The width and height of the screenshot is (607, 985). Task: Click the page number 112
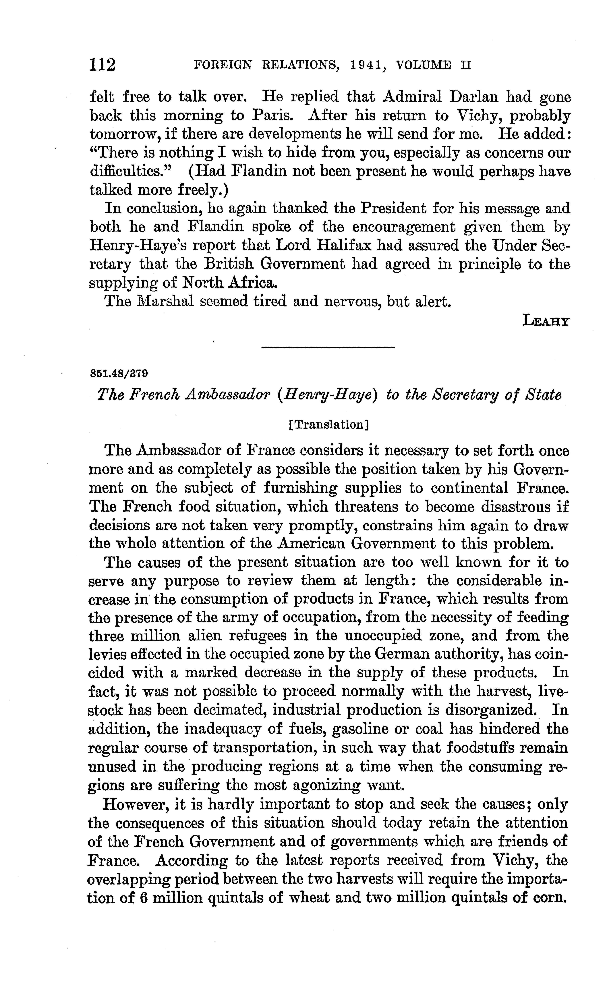(103, 64)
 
